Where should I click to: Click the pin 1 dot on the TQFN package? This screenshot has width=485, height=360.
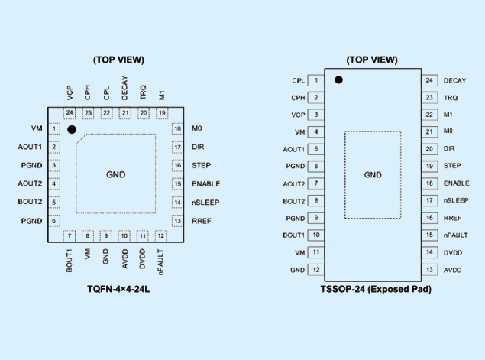click(x=72, y=129)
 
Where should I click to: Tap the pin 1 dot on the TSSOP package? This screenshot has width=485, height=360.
click(x=338, y=79)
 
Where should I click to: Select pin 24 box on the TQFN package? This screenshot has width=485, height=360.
click(x=70, y=113)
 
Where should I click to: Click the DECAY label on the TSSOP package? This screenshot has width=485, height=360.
click(x=454, y=81)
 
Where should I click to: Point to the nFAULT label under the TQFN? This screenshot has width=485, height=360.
click(x=160, y=262)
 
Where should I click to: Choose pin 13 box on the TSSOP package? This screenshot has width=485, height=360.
click(x=430, y=270)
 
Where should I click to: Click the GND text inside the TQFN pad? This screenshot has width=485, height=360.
click(x=115, y=174)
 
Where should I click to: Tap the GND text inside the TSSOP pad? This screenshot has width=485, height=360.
click(x=373, y=175)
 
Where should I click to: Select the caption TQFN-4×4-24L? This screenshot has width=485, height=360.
click(x=118, y=289)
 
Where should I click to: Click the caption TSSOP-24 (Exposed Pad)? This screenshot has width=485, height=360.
click(x=376, y=289)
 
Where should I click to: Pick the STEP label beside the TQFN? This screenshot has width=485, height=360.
click(x=202, y=165)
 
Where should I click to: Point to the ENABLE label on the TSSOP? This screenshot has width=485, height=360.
click(x=457, y=183)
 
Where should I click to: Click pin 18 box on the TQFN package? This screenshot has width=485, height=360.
click(x=177, y=128)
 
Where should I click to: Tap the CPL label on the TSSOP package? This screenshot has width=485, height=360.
click(x=299, y=81)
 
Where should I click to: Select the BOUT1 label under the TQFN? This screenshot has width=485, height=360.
click(x=70, y=261)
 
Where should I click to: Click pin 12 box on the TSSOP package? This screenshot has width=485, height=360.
click(x=315, y=270)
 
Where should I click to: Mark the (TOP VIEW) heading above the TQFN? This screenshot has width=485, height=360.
click(x=119, y=60)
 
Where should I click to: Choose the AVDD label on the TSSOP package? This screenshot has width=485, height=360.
click(x=452, y=271)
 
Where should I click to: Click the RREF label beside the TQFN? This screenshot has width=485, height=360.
click(x=202, y=221)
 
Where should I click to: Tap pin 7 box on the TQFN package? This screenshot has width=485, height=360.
click(x=70, y=236)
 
